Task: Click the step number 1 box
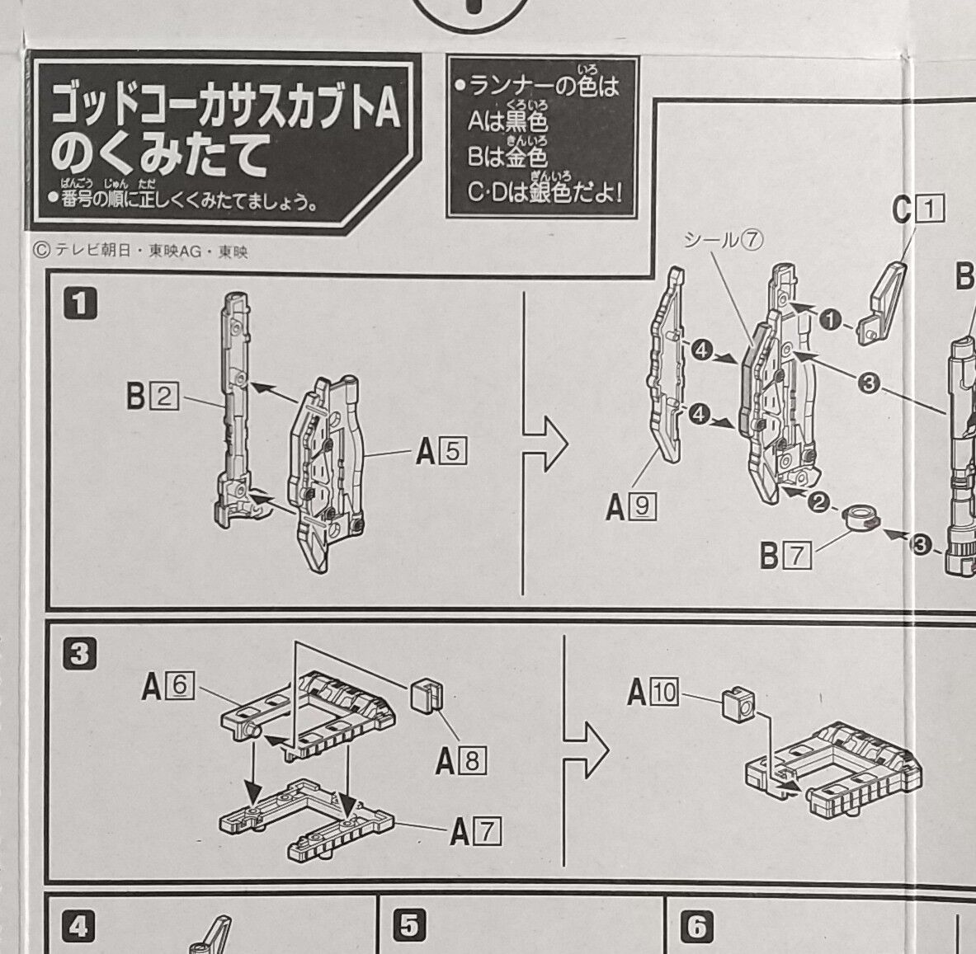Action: click(x=80, y=303)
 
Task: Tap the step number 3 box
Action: click(x=80, y=654)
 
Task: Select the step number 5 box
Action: click(x=409, y=926)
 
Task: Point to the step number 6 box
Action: click(x=697, y=926)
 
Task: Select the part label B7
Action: click(x=785, y=556)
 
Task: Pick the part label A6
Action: click(x=167, y=685)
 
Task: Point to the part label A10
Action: click(x=652, y=693)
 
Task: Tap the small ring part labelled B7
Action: click(x=860, y=520)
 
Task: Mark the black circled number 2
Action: click(x=818, y=502)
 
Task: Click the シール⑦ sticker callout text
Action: click(x=724, y=239)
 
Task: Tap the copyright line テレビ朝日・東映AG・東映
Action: click(x=140, y=251)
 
